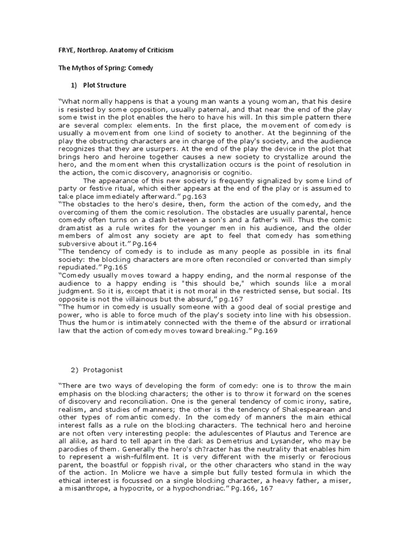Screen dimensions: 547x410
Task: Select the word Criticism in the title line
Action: coord(157,50)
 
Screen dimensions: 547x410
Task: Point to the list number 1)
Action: coord(74,85)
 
